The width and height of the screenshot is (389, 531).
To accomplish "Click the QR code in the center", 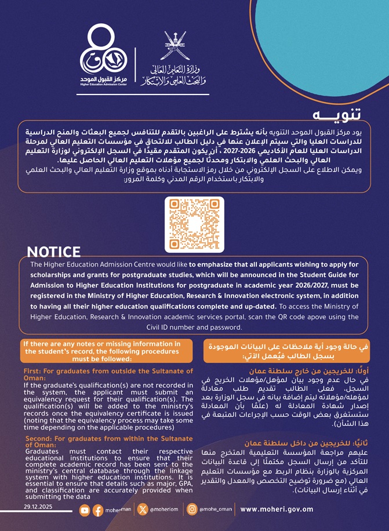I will (194, 224).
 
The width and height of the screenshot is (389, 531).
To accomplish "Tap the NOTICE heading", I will (54, 252).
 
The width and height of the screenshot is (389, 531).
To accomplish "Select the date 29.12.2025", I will (38, 506).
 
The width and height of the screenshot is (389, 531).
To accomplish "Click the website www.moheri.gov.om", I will (276, 510).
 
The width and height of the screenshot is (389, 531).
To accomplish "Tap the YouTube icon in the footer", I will (85, 510).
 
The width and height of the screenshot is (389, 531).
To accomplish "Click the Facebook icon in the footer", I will (97, 510).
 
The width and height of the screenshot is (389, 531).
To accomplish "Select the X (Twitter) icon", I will (143, 510).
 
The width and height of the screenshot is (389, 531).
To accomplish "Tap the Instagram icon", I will (191, 510).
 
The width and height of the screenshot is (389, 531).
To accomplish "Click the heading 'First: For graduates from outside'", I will (108, 374).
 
